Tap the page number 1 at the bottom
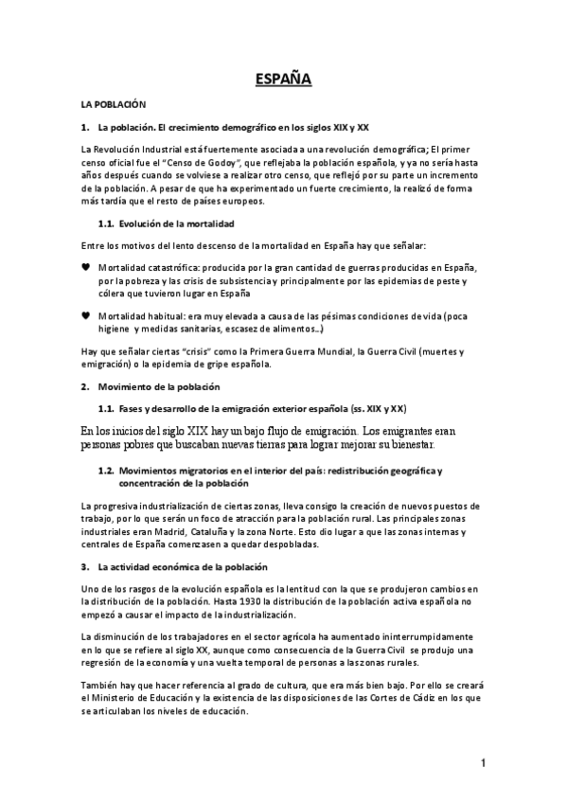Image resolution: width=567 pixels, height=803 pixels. [x=483, y=763]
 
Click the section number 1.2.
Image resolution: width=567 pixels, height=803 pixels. [x=107, y=470]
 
